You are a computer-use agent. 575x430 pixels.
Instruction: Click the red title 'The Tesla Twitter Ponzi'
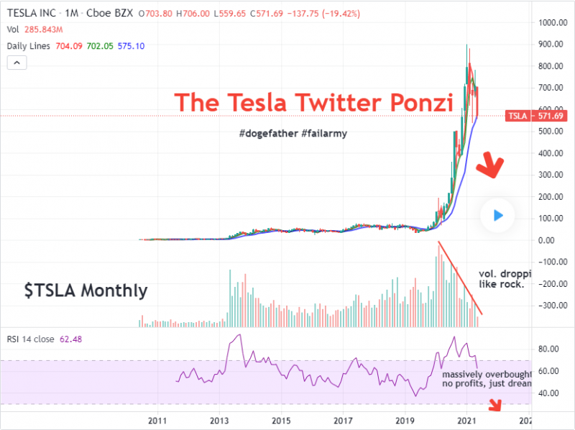coord(314,102)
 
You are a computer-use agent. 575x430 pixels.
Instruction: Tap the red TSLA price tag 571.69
coord(525,116)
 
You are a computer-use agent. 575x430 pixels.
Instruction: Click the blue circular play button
coord(498,215)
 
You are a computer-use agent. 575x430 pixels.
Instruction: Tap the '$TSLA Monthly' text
coord(86,291)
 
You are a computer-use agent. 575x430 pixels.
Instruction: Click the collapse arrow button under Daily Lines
coord(17,63)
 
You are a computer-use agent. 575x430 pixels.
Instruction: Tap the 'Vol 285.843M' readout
coord(34,29)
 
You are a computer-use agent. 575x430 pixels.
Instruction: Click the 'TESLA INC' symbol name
coord(32,12)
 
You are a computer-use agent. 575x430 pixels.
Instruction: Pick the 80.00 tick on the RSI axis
coord(548,349)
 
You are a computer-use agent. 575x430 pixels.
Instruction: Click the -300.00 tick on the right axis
coord(551,306)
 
